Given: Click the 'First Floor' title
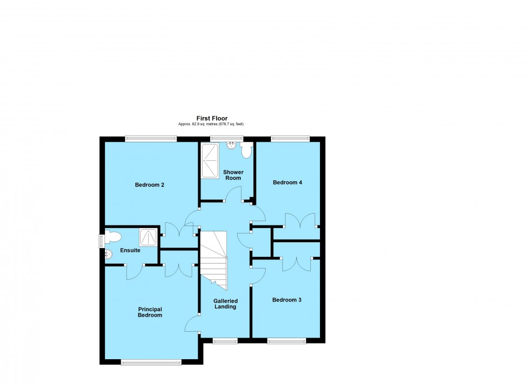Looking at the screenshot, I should (x=211, y=118).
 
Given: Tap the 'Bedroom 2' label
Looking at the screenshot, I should (x=149, y=185).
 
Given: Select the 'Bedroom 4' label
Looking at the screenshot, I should (x=287, y=182).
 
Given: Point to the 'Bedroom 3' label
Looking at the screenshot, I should (x=287, y=300).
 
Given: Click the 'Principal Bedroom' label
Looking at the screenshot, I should (x=150, y=312).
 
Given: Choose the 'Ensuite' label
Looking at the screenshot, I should (x=130, y=250).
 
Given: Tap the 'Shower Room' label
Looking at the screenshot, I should (x=233, y=175).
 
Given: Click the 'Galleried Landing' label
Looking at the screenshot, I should (x=225, y=304).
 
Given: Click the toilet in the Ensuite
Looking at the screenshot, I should (x=113, y=236).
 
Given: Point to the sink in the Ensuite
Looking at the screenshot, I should (x=108, y=253).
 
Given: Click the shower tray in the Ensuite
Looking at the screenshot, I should (x=149, y=237).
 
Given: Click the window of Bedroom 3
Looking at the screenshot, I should (x=287, y=341).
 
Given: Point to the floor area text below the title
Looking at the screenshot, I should (x=211, y=124).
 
